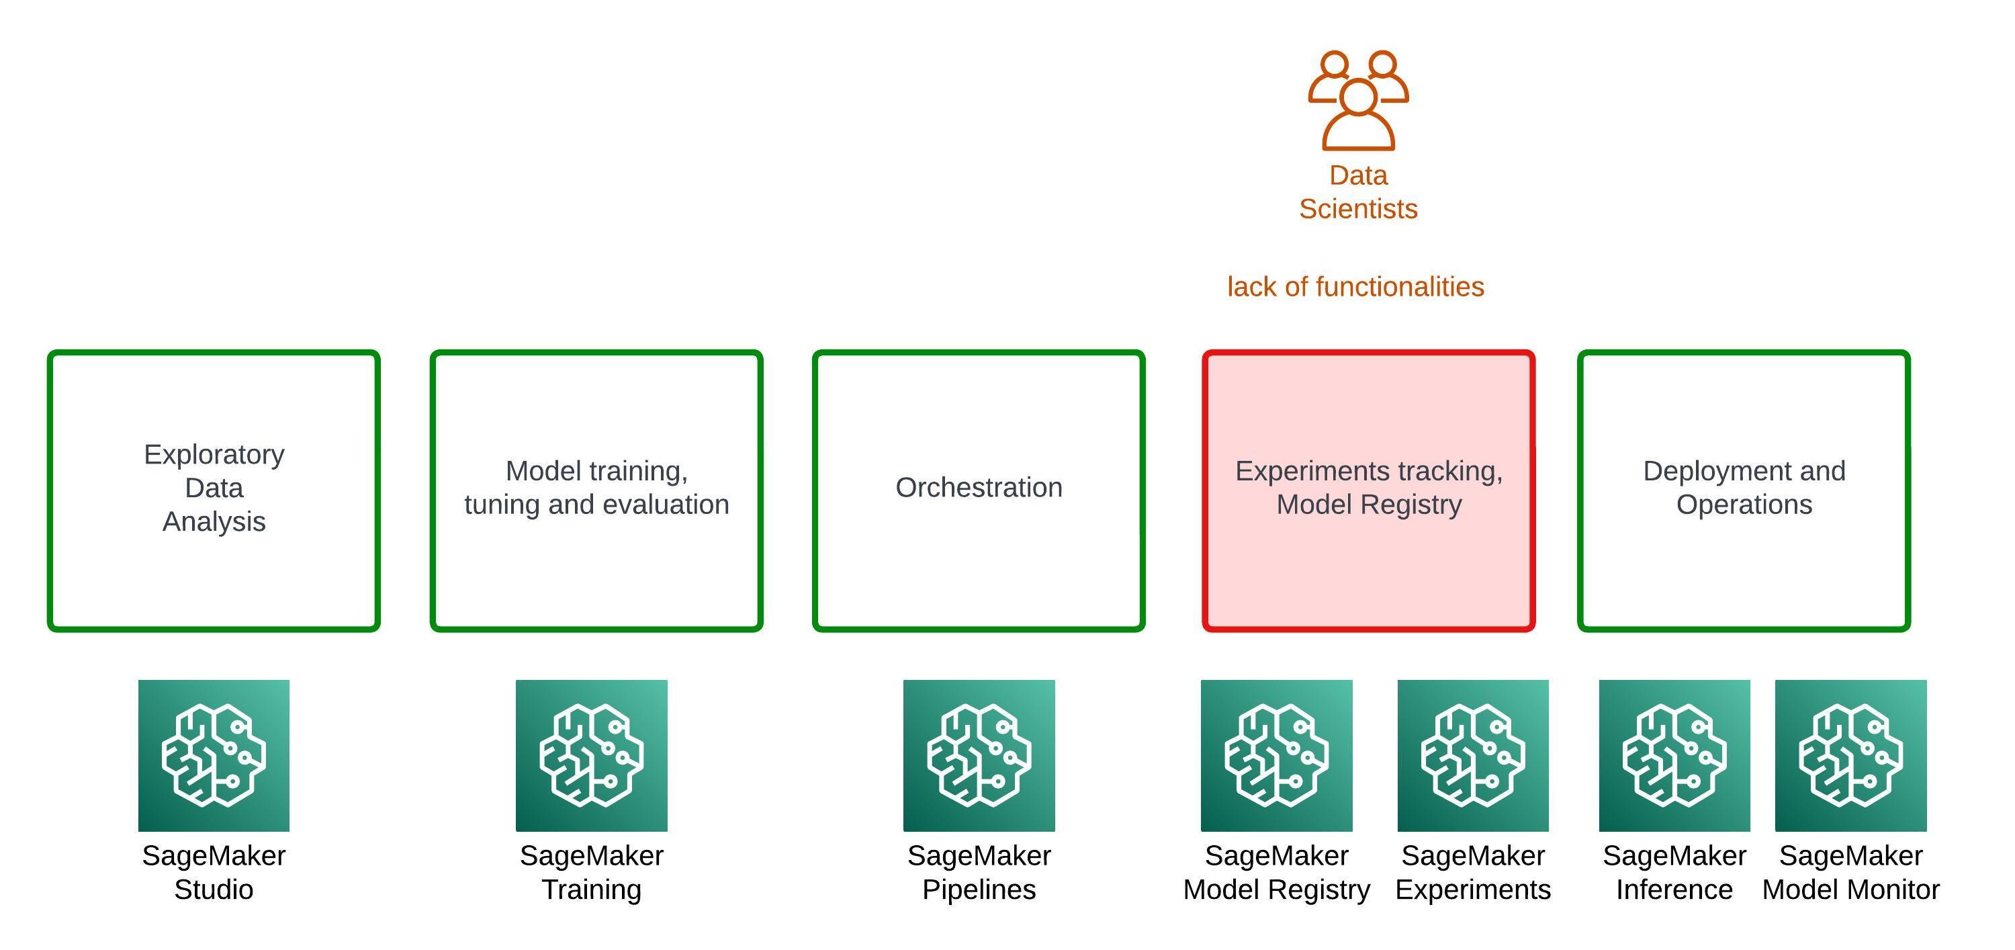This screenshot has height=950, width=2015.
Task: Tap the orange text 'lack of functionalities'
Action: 1355,287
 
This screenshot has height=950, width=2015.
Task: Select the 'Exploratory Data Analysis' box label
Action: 214,488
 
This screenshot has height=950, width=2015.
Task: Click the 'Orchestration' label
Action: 979,488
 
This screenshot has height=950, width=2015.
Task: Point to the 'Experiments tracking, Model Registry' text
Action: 1369,488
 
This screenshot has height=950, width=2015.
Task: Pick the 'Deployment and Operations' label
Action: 1744,488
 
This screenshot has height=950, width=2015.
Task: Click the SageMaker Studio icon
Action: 214,755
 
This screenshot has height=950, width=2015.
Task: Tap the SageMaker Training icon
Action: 591,755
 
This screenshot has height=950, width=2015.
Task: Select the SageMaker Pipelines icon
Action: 979,755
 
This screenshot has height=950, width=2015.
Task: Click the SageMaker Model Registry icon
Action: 1277,755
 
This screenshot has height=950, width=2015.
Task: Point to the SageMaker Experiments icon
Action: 1473,755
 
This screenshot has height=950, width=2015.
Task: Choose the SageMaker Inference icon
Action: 1674,755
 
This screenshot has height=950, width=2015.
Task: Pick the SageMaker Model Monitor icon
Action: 1850,755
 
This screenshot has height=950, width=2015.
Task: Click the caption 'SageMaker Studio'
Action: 214,873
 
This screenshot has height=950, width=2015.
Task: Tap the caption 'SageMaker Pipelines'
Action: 979,873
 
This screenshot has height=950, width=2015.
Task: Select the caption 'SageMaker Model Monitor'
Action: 1850,873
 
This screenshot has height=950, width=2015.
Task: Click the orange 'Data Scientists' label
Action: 1358,191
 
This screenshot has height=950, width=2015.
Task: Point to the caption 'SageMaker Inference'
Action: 1674,873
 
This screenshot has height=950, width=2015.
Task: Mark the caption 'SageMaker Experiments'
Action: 1473,873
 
